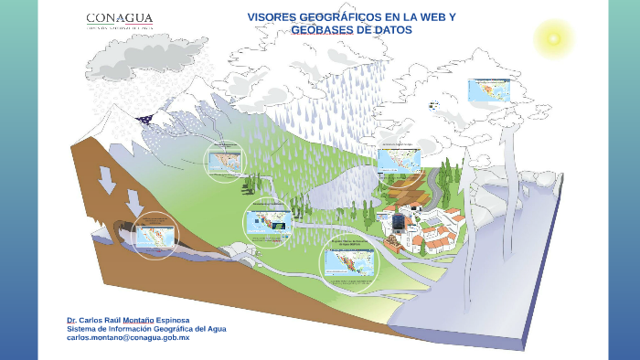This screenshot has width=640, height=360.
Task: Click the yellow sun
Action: click(551, 37)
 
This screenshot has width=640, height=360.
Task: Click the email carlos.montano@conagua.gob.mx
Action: click(127, 338)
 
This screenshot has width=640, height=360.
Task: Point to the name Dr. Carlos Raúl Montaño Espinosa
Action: click(128, 320)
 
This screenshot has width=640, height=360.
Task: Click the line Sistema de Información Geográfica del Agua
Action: click(146, 329)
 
